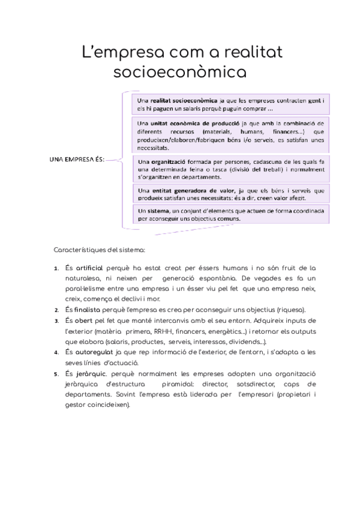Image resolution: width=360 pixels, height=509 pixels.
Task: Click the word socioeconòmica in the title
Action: [x=180, y=72]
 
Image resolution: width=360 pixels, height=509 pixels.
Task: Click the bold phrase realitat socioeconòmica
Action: [x=185, y=100]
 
